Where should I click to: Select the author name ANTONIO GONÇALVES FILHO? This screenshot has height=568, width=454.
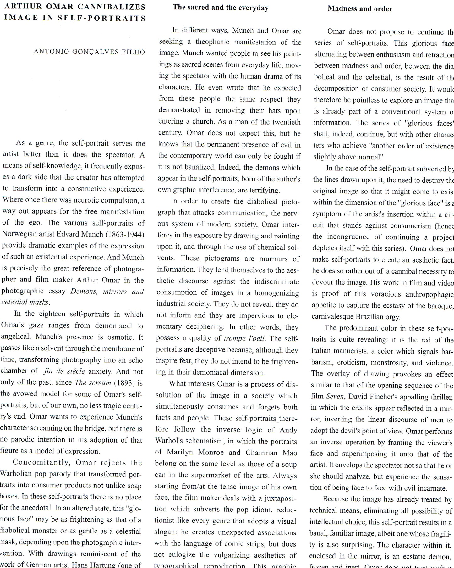click(90, 52)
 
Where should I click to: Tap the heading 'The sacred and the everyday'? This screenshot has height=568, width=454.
click(221, 8)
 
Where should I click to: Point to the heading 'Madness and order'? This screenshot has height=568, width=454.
click(360, 9)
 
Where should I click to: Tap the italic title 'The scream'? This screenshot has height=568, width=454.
click(93, 383)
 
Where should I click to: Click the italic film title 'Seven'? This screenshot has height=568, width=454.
click(335, 397)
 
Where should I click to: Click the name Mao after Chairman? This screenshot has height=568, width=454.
click(289, 453)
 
